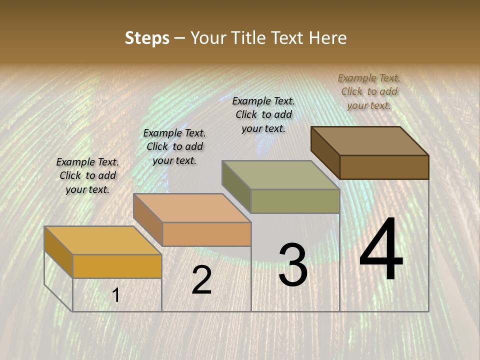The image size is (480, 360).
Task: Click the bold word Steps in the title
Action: [x=147, y=38]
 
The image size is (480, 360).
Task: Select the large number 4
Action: [x=381, y=250]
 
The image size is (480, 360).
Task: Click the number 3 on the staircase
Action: [x=293, y=265]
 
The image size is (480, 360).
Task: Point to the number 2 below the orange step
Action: [x=201, y=280]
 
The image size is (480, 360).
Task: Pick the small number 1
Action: [x=115, y=295]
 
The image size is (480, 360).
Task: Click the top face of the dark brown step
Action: [x=370, y=140]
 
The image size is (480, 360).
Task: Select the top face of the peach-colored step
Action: [x=192, y=208]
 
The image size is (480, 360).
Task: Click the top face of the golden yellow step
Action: [x=103, y=240]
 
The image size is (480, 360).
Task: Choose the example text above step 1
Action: [x=87, y=175]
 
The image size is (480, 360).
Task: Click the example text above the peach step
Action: [x=174, y=146]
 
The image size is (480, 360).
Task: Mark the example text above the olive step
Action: [x=263, y=114]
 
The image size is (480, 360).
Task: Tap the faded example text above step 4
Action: [x=369, y=91]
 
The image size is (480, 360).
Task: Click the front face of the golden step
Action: [x=117, y=266]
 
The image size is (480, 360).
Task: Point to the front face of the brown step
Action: [x=384, y=167]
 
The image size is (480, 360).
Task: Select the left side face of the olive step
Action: [x=236, y=186]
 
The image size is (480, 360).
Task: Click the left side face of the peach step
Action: [x=147, y=219]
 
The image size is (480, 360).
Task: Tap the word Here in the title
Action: [x=327, y=38]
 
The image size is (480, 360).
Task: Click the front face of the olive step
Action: [x=295, y=201]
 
